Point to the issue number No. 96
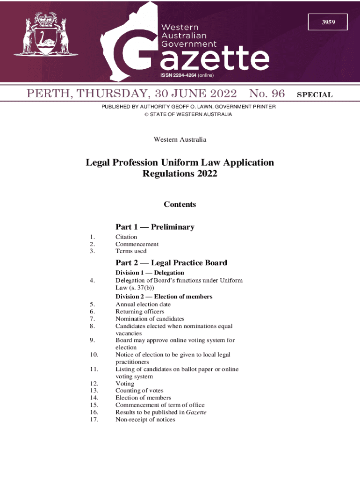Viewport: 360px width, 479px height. (267, 94)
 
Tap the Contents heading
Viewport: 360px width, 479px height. (180, 204)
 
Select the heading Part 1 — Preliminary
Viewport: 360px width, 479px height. (155, 227)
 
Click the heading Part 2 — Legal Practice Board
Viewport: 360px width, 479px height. (171, 263)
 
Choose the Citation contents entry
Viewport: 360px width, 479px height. (126, 237)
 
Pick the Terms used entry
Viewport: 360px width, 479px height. (131, 251)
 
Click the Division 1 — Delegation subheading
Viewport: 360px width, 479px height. (150, 273)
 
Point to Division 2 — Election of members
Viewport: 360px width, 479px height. (164, 297)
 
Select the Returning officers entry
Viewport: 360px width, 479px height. (140, 312)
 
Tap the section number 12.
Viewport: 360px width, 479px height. (93, 384)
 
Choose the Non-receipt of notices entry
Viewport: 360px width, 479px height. (145, 420)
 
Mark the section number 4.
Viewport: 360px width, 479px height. (94, 281)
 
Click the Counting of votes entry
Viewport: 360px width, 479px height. (139, 391)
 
